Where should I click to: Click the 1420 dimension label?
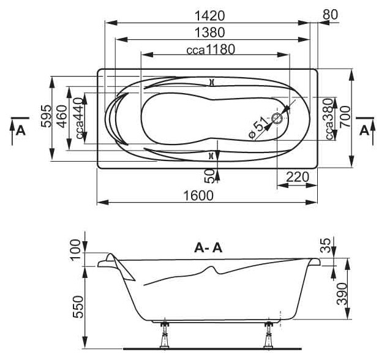[x=210, y=16]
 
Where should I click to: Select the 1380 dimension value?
[x=210, y=32]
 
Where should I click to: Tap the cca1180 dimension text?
[x=211, y=50]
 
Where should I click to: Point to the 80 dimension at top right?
[x=330, y=15]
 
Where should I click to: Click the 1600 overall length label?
[x=198, y=195]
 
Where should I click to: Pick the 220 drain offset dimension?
[x=298, y=177]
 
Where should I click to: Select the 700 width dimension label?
[x=345, y=116]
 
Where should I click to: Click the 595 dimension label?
[x=47, y=116]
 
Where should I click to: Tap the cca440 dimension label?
[x=79, y=118]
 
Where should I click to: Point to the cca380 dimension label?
[x=329, y=119]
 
